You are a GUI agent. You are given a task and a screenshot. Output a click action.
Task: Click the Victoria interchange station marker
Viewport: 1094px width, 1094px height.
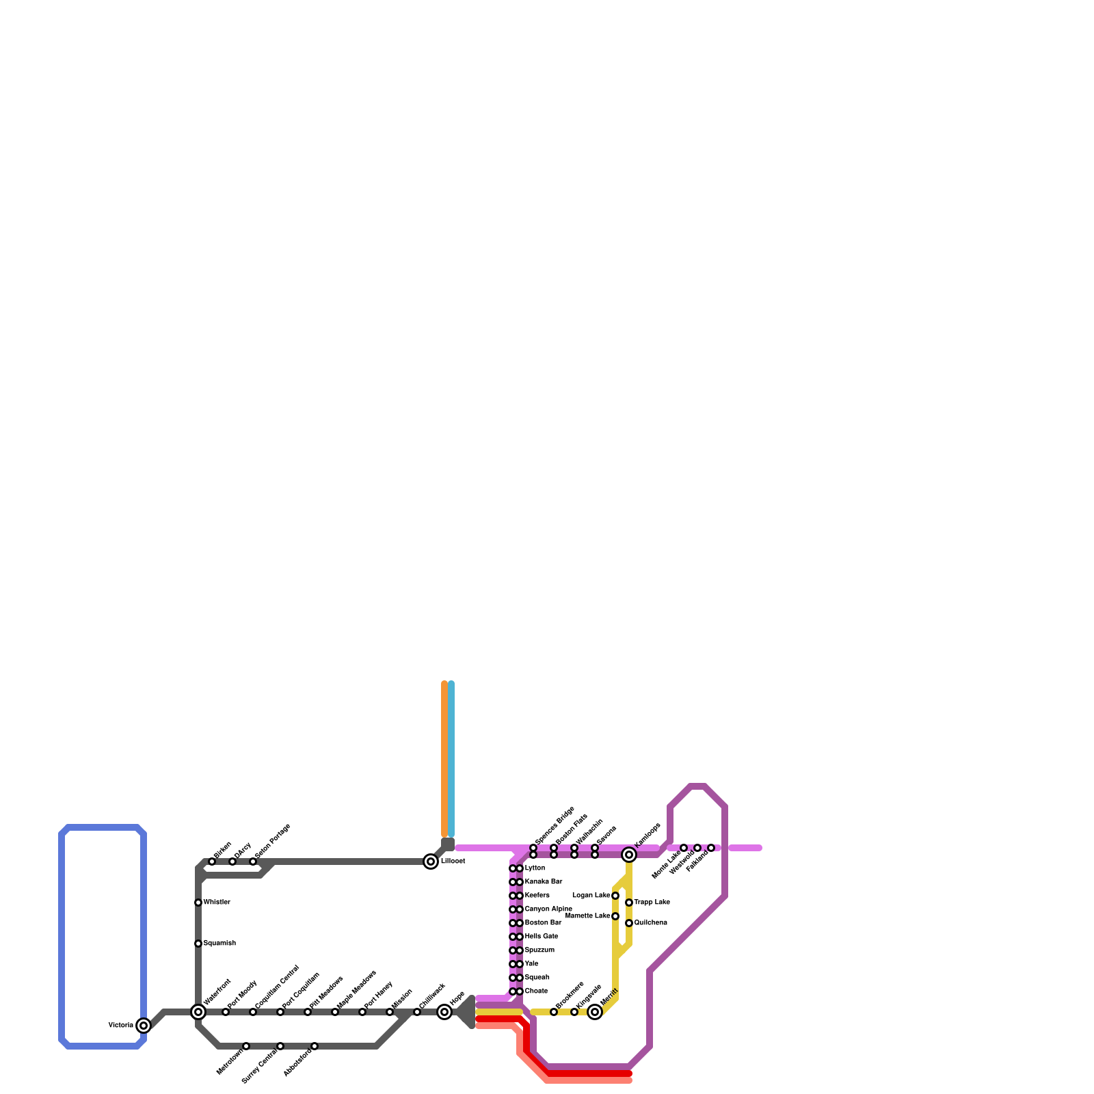[x=144, y=1025]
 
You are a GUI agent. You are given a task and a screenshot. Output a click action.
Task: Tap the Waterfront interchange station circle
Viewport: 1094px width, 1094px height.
[x=198, y=1012]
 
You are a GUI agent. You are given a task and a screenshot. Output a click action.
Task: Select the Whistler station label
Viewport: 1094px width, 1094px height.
[x=217, y=903]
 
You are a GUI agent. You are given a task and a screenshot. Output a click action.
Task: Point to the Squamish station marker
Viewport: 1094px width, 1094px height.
[x=198, y=944]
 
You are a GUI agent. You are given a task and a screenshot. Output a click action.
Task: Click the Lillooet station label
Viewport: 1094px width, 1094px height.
[x=453, y=862]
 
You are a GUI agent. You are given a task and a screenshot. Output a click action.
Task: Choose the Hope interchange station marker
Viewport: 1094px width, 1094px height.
[x=444, y=1012]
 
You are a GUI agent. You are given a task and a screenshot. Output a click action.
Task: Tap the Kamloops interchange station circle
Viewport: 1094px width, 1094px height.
[x=629, y=855]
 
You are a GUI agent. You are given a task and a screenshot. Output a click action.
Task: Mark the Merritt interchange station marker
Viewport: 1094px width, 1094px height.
[x=595, y=1012]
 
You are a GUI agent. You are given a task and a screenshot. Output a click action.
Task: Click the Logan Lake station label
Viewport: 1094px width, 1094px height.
[x=591, y=896]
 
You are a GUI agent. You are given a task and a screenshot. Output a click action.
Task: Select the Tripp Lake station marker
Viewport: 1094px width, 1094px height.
[x=629, y=903]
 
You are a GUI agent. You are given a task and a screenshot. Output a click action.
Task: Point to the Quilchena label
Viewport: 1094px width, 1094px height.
[x=650, y=923]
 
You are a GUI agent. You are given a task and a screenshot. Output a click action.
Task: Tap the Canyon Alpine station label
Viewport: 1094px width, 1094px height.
[x=548, y=909]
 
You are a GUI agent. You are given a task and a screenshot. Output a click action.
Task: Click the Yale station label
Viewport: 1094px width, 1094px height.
[x=531, y=964]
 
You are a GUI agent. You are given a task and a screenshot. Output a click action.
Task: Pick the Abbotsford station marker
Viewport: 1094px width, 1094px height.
[x=315, y=1046]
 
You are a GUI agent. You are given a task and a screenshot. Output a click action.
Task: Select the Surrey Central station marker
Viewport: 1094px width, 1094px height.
[x=280, y=1046]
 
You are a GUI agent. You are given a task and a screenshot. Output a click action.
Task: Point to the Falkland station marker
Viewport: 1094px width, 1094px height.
[x=711, y=848]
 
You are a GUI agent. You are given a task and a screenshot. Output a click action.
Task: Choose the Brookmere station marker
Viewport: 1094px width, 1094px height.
[x=554, y=1012]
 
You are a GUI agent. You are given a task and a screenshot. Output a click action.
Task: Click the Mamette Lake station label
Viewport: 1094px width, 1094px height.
[x=588, y=916]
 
